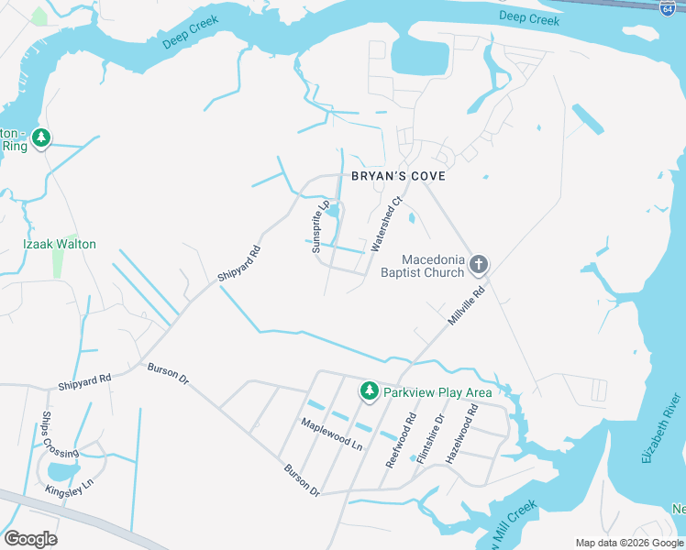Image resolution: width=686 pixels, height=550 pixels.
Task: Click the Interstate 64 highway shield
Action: coord(667,6)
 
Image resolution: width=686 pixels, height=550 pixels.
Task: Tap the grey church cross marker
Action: coord(477,266)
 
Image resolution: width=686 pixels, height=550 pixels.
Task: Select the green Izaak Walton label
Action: coord(59,245)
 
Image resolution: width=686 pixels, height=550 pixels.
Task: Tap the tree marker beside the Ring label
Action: coord(40,138)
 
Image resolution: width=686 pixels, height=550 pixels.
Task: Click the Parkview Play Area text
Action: coord(437,392)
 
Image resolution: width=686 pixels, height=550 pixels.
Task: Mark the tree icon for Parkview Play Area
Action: coord(370,391)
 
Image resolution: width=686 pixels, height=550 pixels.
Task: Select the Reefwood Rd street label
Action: coord(401,440)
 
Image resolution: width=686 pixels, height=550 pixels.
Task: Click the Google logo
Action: coord(30,538)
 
